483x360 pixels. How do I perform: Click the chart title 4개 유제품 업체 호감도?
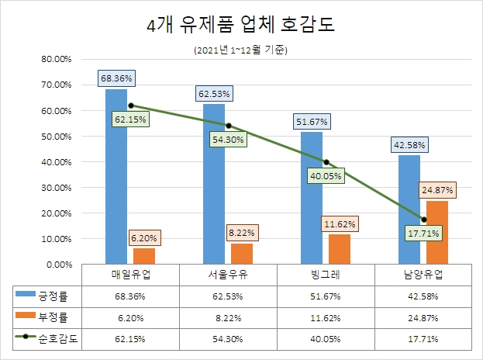tap(241, 26)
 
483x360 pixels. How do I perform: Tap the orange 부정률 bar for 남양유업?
tap(437, 233)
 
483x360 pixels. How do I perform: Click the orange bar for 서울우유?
tap(242, 254)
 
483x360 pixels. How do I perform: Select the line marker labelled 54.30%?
tap(228, 126)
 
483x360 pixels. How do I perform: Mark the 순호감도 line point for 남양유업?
tap(423, 220)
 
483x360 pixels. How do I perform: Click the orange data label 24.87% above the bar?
tap(437, 189)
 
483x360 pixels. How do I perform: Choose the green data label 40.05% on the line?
tap(326, 175)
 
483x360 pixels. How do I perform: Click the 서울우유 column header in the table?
tap(227, 275)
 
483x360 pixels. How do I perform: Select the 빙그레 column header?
tap(326, 275)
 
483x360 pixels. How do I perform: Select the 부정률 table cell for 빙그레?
tap(326, 317)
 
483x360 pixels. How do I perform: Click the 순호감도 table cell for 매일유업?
tap(130, 339)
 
